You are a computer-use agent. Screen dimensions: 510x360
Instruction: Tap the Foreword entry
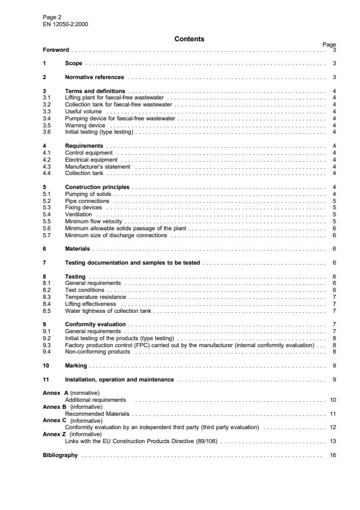(x=56, y=51)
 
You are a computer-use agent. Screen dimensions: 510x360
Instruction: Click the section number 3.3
(x=48, y=110)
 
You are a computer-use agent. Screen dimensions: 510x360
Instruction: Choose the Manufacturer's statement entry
(x=97, y=166)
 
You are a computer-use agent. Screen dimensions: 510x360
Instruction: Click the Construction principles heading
(x=97, y=187)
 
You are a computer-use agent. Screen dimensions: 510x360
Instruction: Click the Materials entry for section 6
(x=78, y=248)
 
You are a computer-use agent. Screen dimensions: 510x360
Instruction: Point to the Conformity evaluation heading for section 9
(x=95, y=323)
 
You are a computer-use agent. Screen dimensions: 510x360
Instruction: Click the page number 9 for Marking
(x=334, y=366)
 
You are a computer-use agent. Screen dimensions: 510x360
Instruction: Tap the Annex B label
(x=55, y=407)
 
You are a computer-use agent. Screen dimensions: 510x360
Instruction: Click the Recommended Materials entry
(x=97, y=413)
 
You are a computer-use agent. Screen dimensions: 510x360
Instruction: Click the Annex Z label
(x=55, y=434)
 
